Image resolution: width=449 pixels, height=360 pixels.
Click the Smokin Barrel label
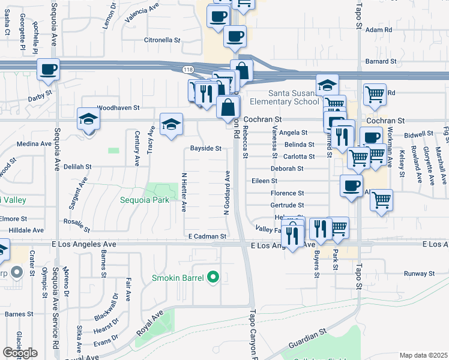pos(178,278)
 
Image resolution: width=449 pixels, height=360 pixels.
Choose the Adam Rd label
pos(378,29)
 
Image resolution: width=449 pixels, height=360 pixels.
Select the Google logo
pos(20,353)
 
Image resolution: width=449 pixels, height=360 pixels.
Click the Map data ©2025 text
pos(423,355)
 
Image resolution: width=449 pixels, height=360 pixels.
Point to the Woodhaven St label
pos(118,108)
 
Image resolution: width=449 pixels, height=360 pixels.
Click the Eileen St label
pos(264,181)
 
